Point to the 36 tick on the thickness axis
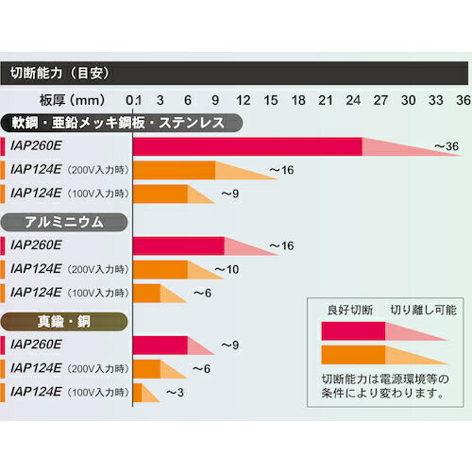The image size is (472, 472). point(463,99)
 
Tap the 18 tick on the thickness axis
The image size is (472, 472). point(297,99)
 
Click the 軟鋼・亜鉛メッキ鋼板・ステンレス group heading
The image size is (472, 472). point(123,123)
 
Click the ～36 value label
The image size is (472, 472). point(446,146)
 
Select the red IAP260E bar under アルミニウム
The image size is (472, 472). point(178,245)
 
